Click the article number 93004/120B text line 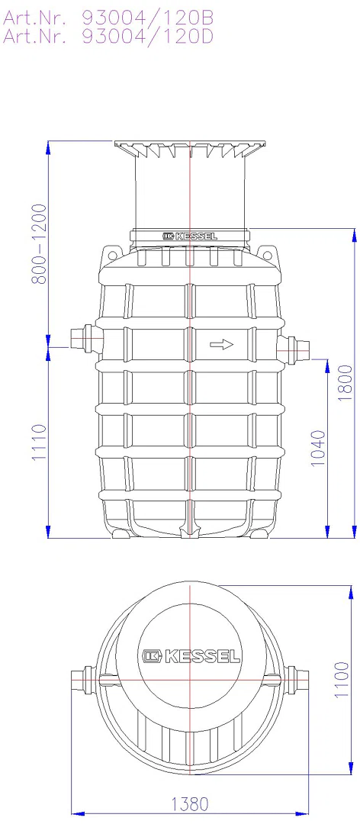click(x=109, y=18)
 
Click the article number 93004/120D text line click(x=109, y=35)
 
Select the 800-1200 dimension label click(x=40, y=243)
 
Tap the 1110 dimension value click(x=40, y=443)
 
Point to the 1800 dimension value click(x=346, y=382)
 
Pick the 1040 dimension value click(x=319, y=449)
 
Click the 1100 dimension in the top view click(x=342, y=679)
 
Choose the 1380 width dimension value click(x=189, y=804)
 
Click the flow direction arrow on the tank click(x=221, y=345)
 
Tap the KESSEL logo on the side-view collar click(x=189, y=237)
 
